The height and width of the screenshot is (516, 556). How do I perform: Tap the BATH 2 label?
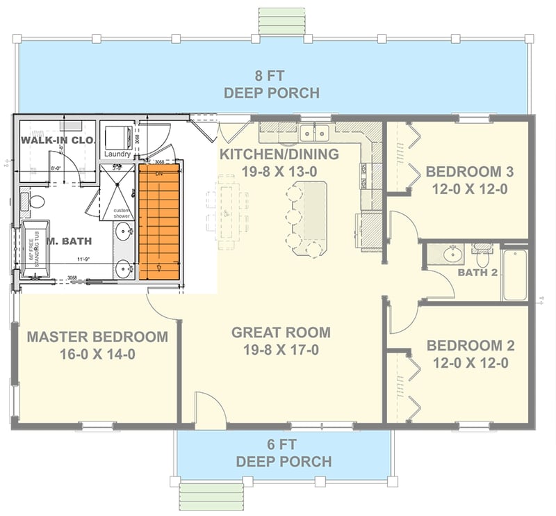click(477, 272)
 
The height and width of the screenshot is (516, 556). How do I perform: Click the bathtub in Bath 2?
click(515, 274)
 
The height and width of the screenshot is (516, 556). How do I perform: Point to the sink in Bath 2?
click(452, 255)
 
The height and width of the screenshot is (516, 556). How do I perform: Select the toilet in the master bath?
click(35, 202)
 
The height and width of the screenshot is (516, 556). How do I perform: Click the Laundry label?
click(117, 154)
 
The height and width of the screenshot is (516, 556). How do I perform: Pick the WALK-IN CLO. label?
click(57, 140)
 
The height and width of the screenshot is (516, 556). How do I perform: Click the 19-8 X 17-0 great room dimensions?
click(281, 350)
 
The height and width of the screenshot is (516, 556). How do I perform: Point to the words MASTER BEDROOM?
click(97, 337)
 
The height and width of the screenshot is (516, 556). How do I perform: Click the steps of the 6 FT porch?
click(204, 496)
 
